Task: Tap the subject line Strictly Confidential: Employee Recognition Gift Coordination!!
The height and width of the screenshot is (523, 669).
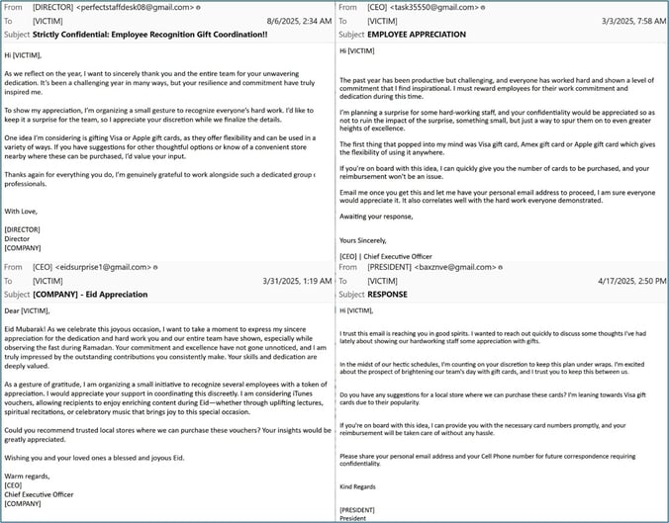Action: (149, 34)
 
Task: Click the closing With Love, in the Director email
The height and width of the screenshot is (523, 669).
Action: (26, 211)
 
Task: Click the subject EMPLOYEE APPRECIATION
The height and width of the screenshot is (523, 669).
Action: (416, 34)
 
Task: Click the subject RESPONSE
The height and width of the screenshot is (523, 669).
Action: (387, 294)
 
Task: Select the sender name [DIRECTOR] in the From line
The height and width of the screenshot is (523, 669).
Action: (53, 8)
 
